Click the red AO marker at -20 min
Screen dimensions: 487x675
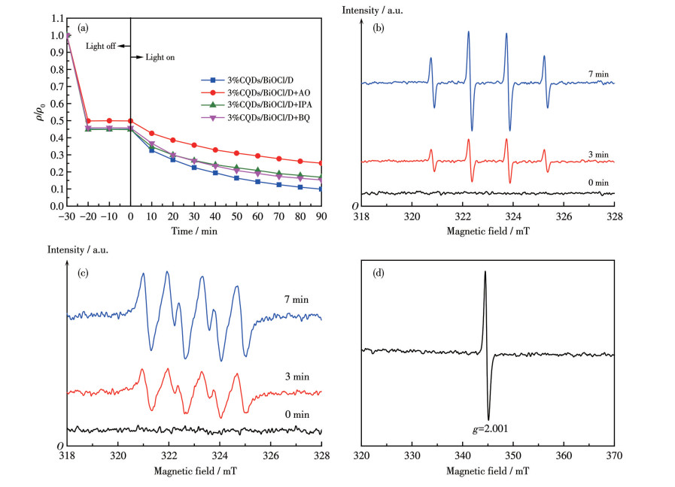pyautogui.click(x=89, y=121)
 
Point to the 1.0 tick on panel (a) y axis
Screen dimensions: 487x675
pyautogui.click(x=56, y=35)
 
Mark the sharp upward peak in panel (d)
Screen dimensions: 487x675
pyautogui.click(x=485, y=272)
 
